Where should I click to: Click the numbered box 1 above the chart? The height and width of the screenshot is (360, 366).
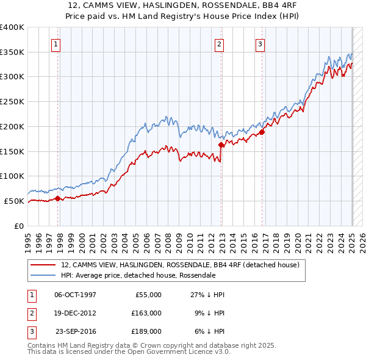(x=56, y=43)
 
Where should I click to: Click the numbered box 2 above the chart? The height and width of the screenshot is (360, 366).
(x=219, y=43)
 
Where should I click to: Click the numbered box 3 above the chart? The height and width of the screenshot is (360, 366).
(x=260, y=43)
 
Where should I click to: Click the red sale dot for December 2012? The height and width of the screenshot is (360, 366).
(x=221, y=145)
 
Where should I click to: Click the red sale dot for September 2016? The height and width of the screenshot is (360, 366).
(x=262, y=132)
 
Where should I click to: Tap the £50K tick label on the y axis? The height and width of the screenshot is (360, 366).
(x=14, y=201)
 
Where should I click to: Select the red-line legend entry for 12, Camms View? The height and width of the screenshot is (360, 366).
(x=180, y=265)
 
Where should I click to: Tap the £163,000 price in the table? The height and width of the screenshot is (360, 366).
(x=146, y=313)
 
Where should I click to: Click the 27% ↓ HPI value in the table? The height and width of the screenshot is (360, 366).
(x=207, y=295)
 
